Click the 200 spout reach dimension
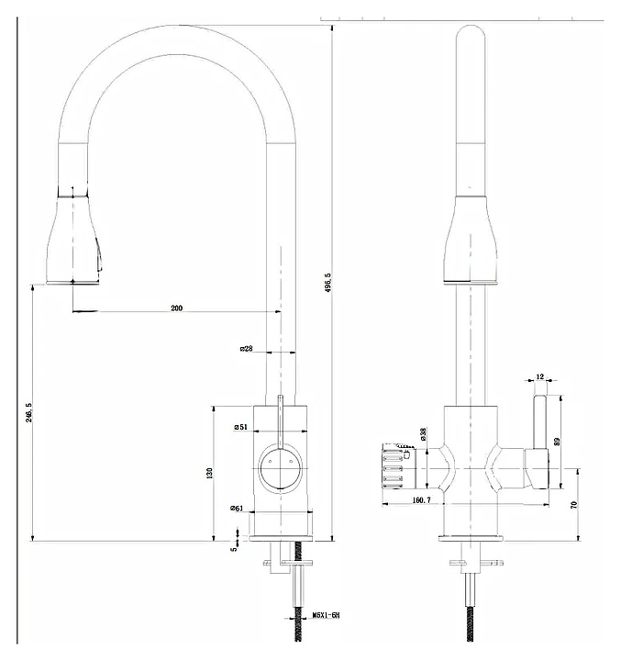click(177, 308)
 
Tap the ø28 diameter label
click(246, 349)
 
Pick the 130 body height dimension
click(209, 473)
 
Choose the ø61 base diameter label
click(237, 510)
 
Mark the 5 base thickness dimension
click(234, 548)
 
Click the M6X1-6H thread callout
click(326, 615)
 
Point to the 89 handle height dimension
click(557, 442)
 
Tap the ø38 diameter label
click(423, 433)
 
